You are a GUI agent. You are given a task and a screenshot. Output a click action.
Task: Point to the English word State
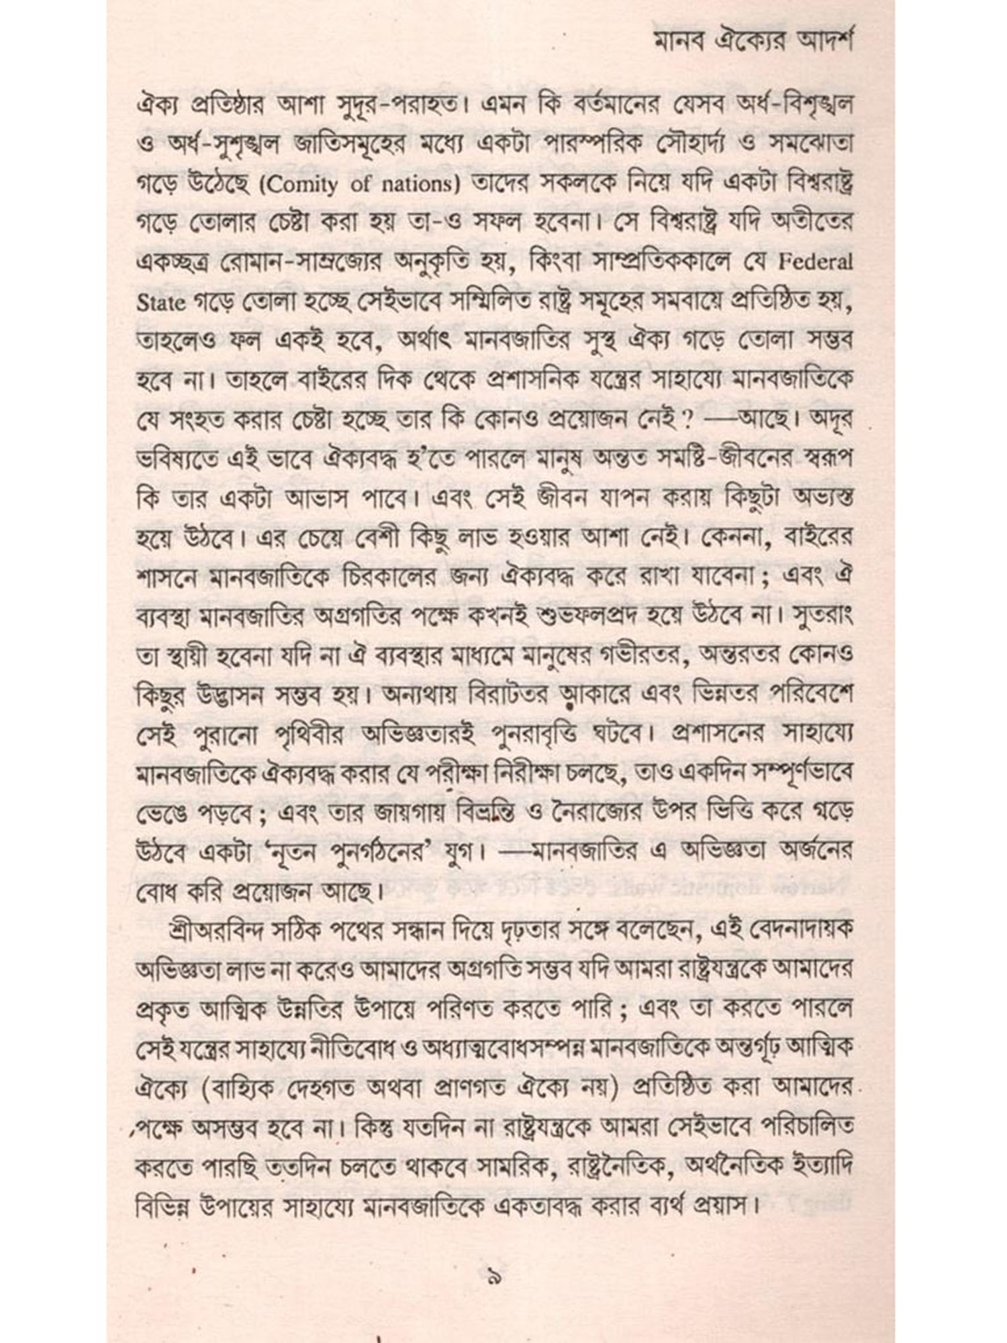[161, 302]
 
